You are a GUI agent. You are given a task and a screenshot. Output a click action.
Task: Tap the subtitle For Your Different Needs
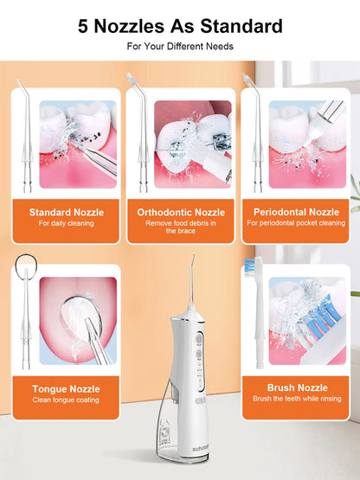point(180,45)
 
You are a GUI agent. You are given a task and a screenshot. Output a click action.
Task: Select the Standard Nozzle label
point(67,212)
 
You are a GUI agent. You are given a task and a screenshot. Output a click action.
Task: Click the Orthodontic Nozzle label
point(181,212)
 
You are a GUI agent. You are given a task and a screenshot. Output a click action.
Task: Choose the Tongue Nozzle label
point(66,389)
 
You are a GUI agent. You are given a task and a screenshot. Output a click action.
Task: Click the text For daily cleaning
point(67,224)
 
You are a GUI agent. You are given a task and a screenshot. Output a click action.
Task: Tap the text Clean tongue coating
point(66,400)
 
